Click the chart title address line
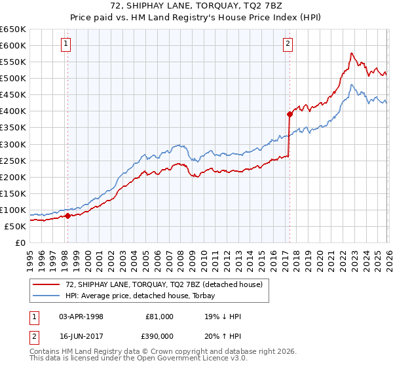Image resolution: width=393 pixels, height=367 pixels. (196, 7)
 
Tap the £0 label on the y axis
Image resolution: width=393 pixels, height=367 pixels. (20, 242)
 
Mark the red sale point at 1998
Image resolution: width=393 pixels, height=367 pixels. (67, 215)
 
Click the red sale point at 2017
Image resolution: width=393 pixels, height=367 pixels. (289, 114)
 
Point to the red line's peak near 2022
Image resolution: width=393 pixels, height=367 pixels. (352, 53)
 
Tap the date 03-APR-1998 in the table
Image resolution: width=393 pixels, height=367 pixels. (81, 317)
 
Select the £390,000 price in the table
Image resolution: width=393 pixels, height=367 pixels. (159, 335)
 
